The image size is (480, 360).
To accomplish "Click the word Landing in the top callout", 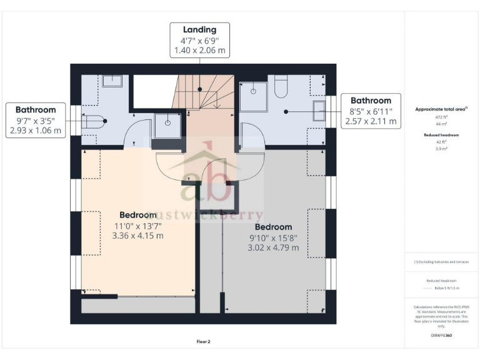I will click(x=199, y=29).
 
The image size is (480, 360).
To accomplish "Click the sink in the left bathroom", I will click(x=112, y=80).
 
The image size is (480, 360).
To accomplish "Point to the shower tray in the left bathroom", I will click(x=167, y=124).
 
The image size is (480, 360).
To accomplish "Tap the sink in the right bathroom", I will click(x=319, y=111).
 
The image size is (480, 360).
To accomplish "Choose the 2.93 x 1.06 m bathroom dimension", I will click(x=36, y=131).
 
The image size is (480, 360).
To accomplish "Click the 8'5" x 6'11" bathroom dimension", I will click(x=371, y=111).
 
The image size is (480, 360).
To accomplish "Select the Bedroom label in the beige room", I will click(x=138, y=214).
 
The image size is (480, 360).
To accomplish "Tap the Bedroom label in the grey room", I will click(x=273, y=226).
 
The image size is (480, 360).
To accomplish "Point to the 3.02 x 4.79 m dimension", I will click(x=273, y=247).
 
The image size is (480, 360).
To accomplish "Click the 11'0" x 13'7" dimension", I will click(x=138, y=225).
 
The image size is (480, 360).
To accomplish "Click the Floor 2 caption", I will click(x=204, y=342).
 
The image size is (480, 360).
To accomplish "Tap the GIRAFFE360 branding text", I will click(x=441, y=336).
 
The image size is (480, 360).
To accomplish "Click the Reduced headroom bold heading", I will click(x=441, y=135).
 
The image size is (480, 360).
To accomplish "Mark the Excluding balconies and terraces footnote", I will click(x=441, y=262).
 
